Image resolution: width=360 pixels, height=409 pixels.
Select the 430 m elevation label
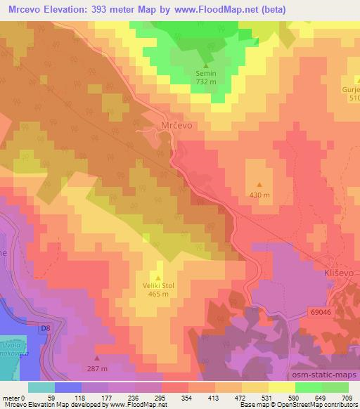click(x=259, y=194)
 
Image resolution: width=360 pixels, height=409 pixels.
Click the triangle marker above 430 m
click(x=259, y=186)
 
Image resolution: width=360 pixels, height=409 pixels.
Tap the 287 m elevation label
click(x=97, y=368)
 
